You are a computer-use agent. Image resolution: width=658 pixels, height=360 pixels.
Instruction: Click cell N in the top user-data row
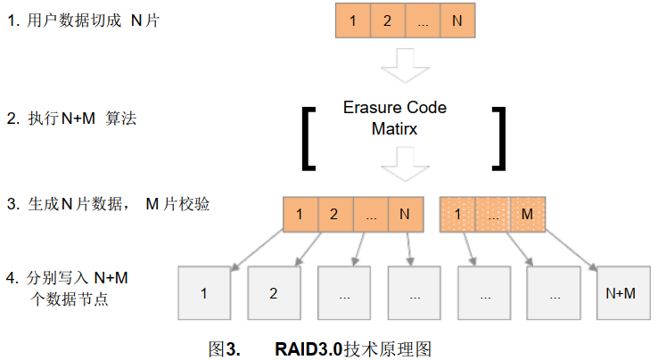[x=456, y=20]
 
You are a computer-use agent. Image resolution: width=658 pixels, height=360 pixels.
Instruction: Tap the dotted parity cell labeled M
[x=526, y=215]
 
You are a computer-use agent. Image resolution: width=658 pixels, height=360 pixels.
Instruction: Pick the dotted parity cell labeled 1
[x=457, y=215]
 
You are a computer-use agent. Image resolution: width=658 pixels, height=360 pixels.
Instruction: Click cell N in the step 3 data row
[x=405, y=215]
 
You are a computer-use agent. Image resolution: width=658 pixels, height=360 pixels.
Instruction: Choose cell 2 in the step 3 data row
[x=334, y=215]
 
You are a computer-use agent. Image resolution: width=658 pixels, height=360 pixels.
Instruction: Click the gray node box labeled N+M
[x=621, y=292]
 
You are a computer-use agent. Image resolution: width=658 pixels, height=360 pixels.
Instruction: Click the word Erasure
[x=372, y=108]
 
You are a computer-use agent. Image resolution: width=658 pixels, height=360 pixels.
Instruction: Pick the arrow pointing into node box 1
[x=259, y=249]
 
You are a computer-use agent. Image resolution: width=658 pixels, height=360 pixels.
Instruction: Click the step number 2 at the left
[x=12, y=119]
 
